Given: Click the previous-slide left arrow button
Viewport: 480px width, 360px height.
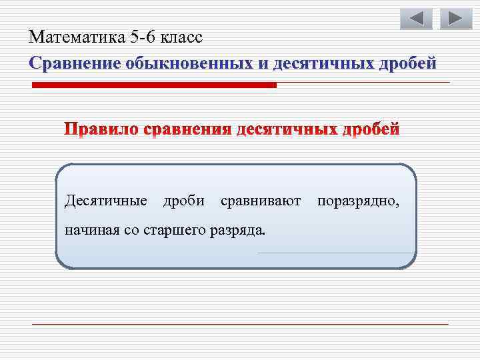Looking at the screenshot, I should click(416, 19).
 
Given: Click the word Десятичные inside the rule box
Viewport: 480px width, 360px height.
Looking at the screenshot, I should click(106, 200).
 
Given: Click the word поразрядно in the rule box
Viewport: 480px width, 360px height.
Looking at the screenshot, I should click(359, 200).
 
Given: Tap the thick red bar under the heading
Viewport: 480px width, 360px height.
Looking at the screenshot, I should click(155, 85).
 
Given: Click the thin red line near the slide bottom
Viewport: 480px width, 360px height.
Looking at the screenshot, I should click(240, 324).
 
